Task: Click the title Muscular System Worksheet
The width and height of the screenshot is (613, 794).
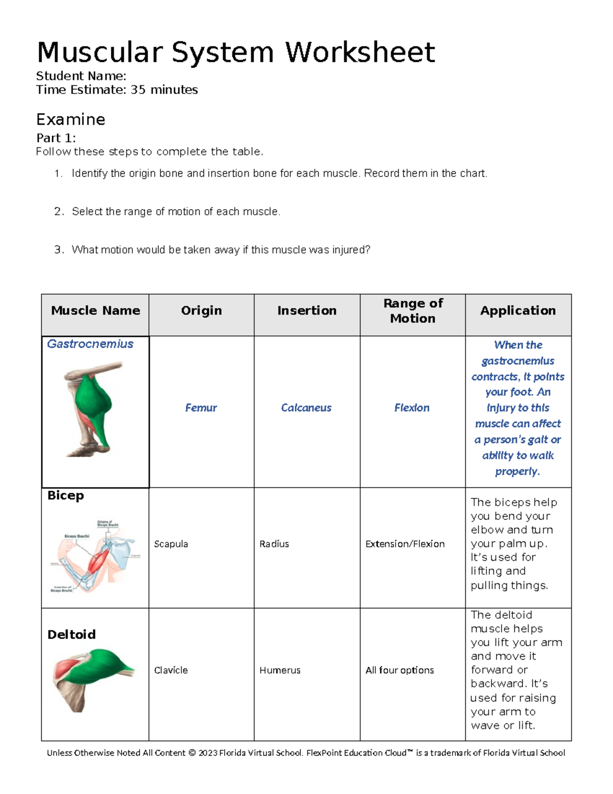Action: [235, 52]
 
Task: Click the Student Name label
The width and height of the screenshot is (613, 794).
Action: [81, 76]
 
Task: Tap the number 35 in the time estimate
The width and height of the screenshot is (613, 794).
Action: [138, 90]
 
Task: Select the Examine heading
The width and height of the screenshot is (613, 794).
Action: [70, 120]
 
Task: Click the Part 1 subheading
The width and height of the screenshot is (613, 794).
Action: [56, 138]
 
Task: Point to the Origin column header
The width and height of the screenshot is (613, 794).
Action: [201, 311]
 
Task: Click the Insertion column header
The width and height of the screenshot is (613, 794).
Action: [306, 311]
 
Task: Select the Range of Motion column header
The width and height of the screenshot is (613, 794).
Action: [413, 311]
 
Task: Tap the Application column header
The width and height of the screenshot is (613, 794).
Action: [517, 311]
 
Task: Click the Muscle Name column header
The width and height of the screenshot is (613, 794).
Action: [96, 311]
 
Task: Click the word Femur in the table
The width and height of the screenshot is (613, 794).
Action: [201, 408]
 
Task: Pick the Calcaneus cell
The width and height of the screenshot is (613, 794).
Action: [306, 408]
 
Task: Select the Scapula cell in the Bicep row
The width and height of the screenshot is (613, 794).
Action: [171, 544]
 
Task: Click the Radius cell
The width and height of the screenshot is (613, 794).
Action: [274, 544]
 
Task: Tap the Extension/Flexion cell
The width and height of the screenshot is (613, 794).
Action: [405, 544]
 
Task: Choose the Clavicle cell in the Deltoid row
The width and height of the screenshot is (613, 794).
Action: [171, 670]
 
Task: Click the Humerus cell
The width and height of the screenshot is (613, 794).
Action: [279, 670]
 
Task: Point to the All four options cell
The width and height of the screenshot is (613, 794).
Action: [399, 670]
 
